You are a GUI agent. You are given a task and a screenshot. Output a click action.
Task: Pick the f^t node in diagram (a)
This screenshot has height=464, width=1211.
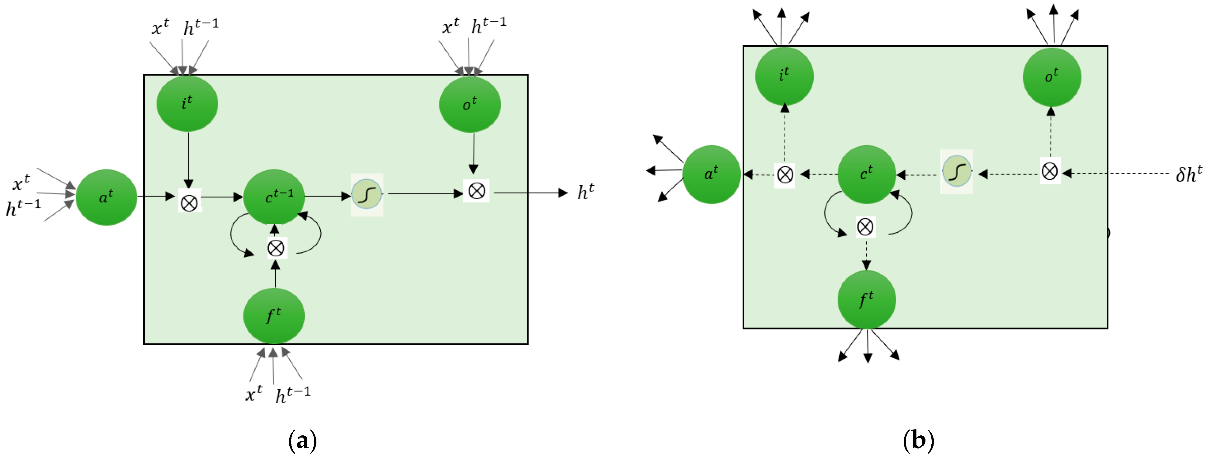[x=274, y=316]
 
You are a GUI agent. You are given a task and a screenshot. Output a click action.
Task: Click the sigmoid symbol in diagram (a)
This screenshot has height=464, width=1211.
[x=367, y=194]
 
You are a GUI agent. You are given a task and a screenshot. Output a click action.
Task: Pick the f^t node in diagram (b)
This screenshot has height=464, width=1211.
[x=866, y=299]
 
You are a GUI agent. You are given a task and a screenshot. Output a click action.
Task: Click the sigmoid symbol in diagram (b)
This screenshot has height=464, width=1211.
[x=957, y=171]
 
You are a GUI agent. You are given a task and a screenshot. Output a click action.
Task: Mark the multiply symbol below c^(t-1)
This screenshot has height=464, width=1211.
[x=276, y=248]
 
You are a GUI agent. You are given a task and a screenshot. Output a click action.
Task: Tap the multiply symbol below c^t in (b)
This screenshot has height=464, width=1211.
[x=865, y=227]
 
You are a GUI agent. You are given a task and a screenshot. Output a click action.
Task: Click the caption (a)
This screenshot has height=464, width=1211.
[x=302, y=440]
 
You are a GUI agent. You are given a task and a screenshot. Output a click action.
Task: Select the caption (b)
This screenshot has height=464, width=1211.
[x=918, y=440]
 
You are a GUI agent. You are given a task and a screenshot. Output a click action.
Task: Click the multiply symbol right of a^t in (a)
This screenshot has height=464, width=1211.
[x=189, y=203]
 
